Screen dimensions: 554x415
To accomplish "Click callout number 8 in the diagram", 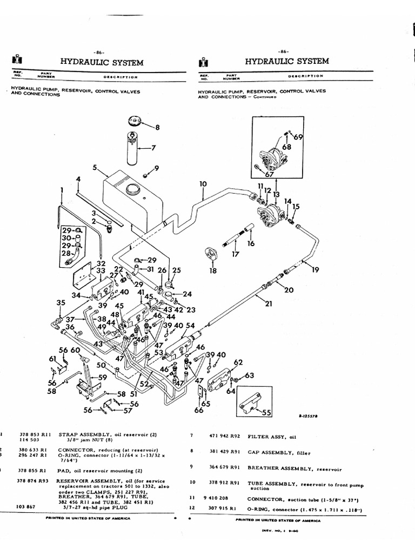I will (158, 128).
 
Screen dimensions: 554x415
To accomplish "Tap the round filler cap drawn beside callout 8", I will (134, 121).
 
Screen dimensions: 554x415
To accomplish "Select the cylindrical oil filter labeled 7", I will (133, 147).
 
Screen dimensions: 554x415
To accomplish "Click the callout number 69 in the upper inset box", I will (298, 137).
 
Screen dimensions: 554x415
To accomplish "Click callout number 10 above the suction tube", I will (203, 184).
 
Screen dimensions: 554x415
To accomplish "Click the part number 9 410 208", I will (220, 499).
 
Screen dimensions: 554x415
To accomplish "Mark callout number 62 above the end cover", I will (238, 362).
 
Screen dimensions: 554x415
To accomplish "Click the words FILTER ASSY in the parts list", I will (265, 436).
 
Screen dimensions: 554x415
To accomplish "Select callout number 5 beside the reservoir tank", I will (95, 168).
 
